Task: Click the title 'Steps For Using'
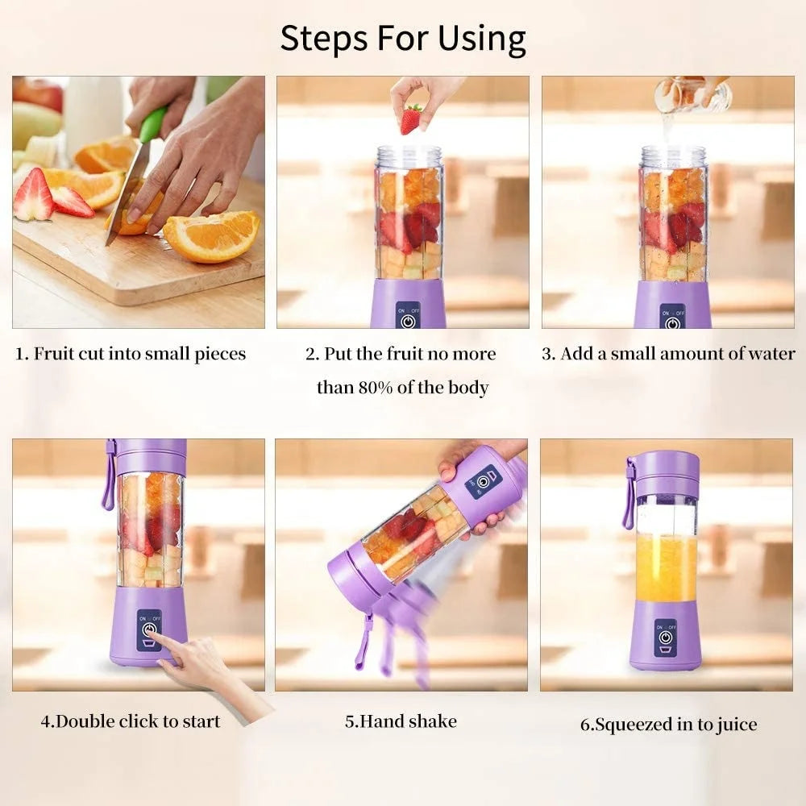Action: tap(403, 38)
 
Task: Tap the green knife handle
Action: tap(152, 125)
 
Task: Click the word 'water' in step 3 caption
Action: tap(772, 354)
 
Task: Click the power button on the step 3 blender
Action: tap(672, 322)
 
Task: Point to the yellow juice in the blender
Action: tap(666, 567)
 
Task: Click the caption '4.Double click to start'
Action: tap(131, 721)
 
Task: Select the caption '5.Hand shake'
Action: tap(401, 721)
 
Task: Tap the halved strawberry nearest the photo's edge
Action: tap(33, 196)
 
